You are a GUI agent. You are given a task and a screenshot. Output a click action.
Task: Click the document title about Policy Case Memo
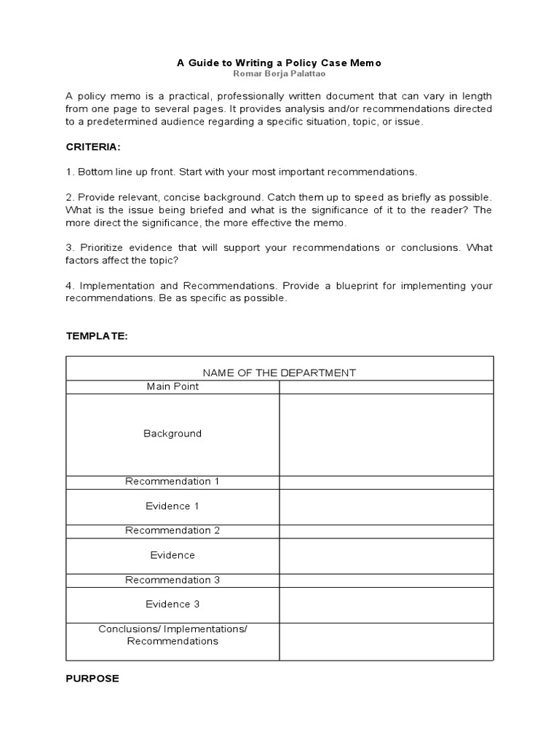(x=279, y=63)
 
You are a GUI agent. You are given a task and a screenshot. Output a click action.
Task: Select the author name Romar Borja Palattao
(x=279, y=74)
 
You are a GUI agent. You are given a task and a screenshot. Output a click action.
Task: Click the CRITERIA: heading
(x=93, y=147)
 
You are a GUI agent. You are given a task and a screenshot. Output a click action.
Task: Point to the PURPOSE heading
(x=92, y=678)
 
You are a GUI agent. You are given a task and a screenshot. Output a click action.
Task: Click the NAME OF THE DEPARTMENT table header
(x=279, y=372)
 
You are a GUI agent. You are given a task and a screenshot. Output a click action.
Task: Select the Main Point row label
(x=173, y=386)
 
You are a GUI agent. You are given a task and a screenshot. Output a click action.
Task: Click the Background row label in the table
(x=173, y=434)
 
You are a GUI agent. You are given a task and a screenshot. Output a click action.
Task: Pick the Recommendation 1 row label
(x=173, y=482)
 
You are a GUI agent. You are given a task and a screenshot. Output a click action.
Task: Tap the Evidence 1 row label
(x=173, y=506)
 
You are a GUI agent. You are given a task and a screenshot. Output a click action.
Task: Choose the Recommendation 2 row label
(x=173, y=530)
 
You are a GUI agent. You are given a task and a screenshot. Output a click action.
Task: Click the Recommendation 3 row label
(x=173, y=580)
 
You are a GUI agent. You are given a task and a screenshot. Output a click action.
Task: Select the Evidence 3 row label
(x=173, y=604)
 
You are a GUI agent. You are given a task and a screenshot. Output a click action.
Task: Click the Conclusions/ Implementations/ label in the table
(x=173, y=629)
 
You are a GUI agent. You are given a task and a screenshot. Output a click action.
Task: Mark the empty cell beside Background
(x=386, y=434)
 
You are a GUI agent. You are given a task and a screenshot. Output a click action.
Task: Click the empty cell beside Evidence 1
(x=386, y=506)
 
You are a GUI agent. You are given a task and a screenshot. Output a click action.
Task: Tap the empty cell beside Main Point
(x=386, y=386)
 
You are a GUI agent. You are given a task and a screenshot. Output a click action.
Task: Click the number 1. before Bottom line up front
(x=70, y=172)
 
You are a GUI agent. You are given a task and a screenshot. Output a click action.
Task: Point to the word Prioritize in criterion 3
(x=100, y=247)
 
